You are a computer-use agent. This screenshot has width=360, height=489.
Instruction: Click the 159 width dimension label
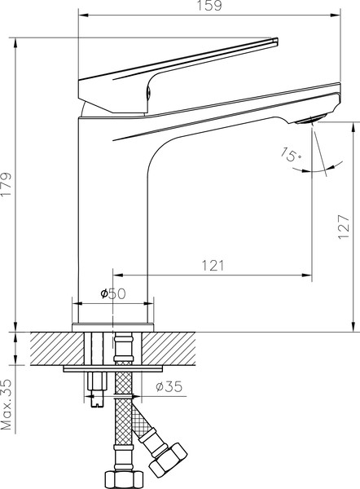(209, 7)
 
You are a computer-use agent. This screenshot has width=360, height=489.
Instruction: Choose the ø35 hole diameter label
(169, 387)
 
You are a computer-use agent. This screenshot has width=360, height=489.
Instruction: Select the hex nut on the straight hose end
(121, 478)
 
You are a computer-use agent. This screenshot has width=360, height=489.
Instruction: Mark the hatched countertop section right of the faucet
(175, 347)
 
